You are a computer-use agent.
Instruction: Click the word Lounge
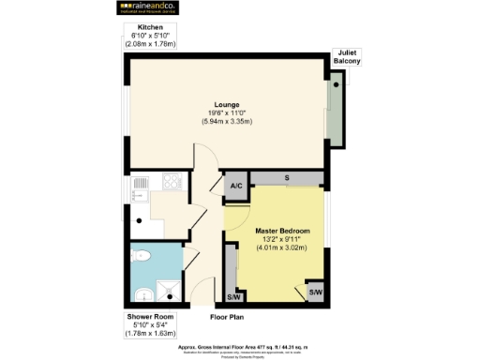click(x=226, y=104)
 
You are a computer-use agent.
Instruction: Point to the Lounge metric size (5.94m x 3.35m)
click(x=226, y=122)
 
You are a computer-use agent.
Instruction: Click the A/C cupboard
click(x=235, y=186)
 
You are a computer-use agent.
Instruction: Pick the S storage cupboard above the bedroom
click(x=286, y=178)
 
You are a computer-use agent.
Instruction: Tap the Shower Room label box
click(x=149, y=323)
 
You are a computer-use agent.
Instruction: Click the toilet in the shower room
click(x=142, y=255)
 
